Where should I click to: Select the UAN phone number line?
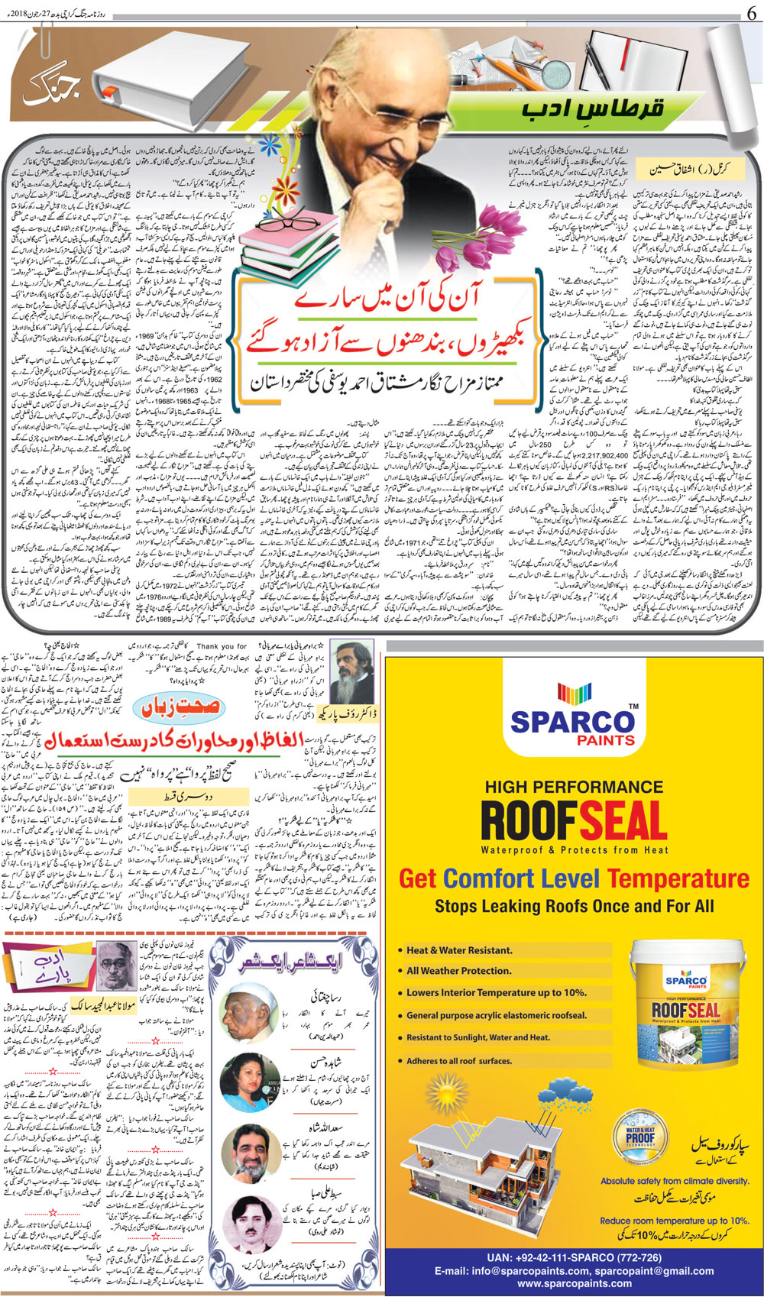click(x=574, y=1258)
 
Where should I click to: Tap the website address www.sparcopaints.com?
click(x=574, y=1284)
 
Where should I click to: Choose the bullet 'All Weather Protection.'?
click(x=459, y=971)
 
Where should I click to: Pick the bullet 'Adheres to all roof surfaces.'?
click(x=459, y=1061)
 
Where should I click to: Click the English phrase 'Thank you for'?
click(x=222, y=646)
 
